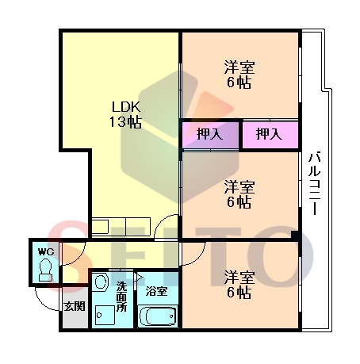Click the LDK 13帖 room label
(126, 114)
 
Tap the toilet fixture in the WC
(45, 270)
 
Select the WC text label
(46, 251)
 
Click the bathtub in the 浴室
(158, 316)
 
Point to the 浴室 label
(157, 291)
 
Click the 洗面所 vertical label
(122, 296)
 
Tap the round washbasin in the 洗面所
(101, 282)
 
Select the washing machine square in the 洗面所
(105, 315)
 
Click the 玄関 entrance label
(75, 306)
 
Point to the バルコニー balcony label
(315, 182)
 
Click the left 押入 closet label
(209, 134)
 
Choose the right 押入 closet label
(269, 134)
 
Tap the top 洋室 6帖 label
(239, 75)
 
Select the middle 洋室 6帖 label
(239, 194)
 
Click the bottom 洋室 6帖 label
(239, 284)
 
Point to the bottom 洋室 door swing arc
(198, 259)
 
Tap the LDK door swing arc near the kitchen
(160, 221)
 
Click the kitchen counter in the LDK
(121, 226)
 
